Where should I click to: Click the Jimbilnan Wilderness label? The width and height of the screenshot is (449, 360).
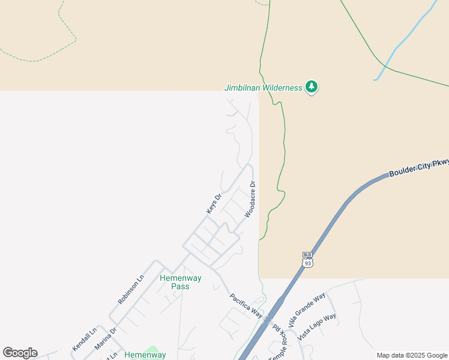pyautogui.click(x=264, y=88)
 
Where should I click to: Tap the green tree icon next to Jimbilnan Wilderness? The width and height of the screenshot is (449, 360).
pyautogui.click(x=311, y=87)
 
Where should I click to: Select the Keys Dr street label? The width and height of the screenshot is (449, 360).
pyautogui.click(x=214, y=203)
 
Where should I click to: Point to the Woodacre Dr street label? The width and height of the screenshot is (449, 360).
pyautogui.click(x=250, y=199)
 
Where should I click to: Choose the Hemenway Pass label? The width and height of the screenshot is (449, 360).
pyautogui.click(x=180, y=282)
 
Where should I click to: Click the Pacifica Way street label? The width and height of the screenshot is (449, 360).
pyautogui.click(x=246, y=305)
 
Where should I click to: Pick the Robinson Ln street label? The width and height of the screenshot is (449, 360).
pyautogui.click(x=131, y=289)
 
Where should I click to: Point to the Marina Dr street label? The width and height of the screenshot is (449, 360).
pyautogui.click(x=105, y=338)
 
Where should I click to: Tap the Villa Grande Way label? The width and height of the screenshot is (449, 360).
pyautogui.click(x=306, y=307)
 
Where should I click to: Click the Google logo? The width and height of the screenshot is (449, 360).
pyautogui.click(x=20, y=353)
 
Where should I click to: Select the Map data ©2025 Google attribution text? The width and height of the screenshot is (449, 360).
pyautogui.click(x=412, y=355)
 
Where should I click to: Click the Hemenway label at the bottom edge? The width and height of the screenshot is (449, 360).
pyautogui.click(x=145, y=355)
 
